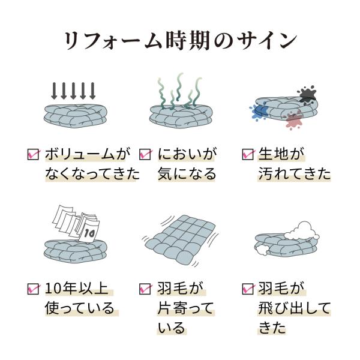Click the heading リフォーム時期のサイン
(180, 41)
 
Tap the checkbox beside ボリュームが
(33, 154)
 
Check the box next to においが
(145, 154)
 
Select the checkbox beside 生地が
(248, 154)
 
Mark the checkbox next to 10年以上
(33, 289)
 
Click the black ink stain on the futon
(307, 94)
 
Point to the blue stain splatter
(259, 112)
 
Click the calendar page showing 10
(89, 232)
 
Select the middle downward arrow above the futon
(73, 91)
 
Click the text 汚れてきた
(295, 174)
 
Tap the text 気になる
(187, 174)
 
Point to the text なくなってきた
(92, 174)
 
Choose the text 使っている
(79, 308)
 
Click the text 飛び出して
(294, 308)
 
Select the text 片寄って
(185, 308)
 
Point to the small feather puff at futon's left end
(262, 250)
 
